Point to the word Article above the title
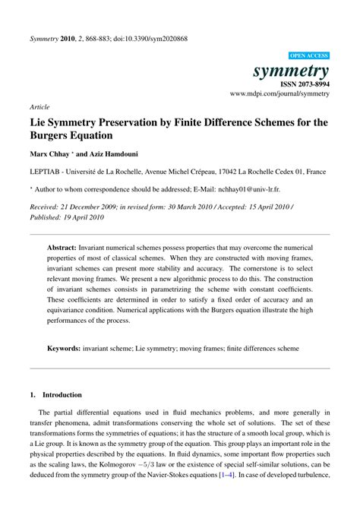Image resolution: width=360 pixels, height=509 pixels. pyautogui.click(x=40, y=107)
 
